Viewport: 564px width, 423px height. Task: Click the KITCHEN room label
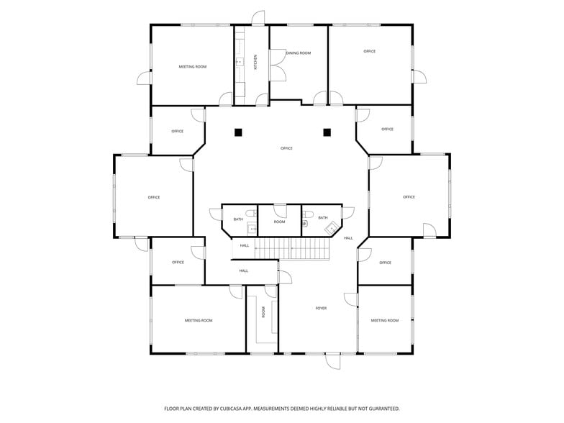pyautogui.click(x=255, y=62)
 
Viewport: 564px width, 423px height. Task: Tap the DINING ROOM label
pyautogui.click(x=299, y=53)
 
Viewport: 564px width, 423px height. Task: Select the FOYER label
pyautogui.click(x=321, y=308)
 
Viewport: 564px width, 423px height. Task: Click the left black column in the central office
pyautogui.click(x=238, y=132)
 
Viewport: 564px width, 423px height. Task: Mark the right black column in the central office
pyautogui.click(x=327, y=132)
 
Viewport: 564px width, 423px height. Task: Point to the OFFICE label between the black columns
pyautogui.click(x=286, y=148)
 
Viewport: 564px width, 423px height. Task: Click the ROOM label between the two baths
pyautogui.click(x=279, y=222)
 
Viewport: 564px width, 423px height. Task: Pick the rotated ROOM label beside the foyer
pyautogui.click(x=263, y=312)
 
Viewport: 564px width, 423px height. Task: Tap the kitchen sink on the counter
pyautogui.click(x=240, y=63)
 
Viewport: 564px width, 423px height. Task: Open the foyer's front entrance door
pyautogui.click(x=332, y=361)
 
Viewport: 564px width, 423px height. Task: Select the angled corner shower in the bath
pyautogui.click(x=332, y=228)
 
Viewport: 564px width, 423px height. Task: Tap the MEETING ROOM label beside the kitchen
pyautogui.click(x=192, y=66)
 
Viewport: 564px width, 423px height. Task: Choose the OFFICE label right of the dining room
pyautogui.click(x=369, y=51)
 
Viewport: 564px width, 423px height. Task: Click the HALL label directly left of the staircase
pyautogui.click(x=244, y=245)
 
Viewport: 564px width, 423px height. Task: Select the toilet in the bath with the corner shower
pyautogui.click(x=306, y=224)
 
